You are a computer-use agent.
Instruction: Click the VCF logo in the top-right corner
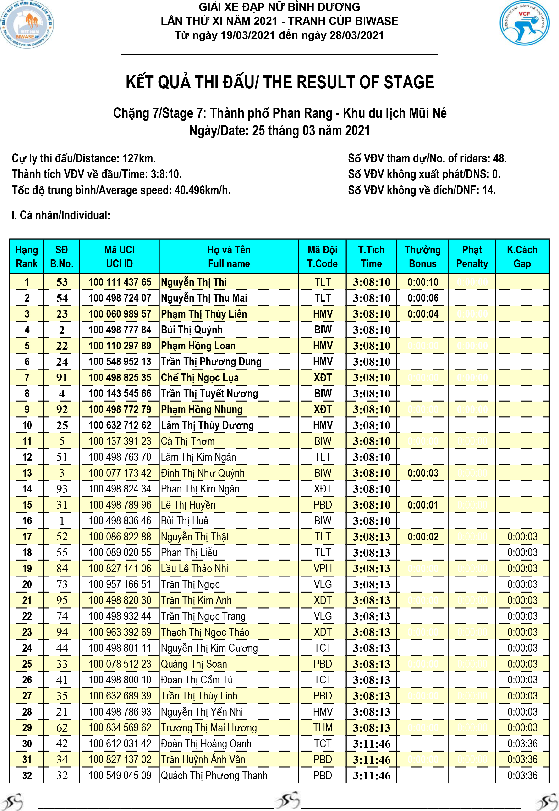[x=524, y=23]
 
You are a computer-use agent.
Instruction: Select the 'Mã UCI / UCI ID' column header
[x=120, y=257]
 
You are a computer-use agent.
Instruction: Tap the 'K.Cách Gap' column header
[x=522, y=257]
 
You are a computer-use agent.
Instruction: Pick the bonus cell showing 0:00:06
[x=423, y=298]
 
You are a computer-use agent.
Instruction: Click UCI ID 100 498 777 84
[x=120, y=330]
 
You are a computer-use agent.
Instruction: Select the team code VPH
[x=322, y=569]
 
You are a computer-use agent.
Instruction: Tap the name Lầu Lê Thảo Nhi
[x=194, y=569]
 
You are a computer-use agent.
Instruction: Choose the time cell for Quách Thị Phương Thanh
[x=371, y=776]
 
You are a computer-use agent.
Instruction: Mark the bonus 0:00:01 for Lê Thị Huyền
[x=423, y=505]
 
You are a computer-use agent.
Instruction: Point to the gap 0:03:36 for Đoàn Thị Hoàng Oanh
[x=522, y=744]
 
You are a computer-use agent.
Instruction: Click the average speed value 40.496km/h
[x=203, y=190]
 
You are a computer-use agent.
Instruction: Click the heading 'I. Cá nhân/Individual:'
[x=61, y=215]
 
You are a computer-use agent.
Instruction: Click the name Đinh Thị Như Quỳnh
[x=203, y=473]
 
